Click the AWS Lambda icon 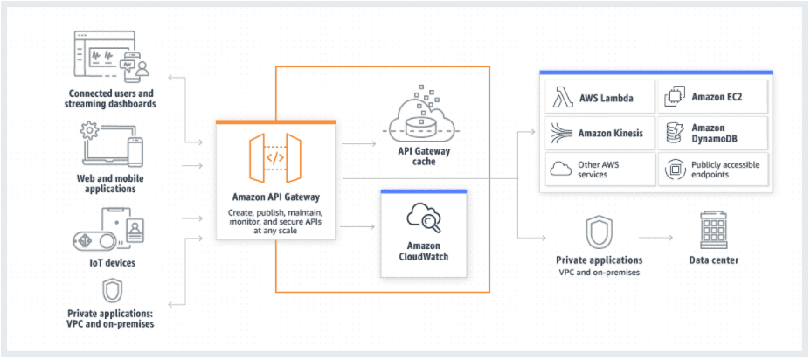click(562, 97)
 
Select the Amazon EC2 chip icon click(675, 97)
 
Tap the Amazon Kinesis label click(611, 133)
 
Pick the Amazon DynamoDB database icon click(675, 133)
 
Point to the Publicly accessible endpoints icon click(675, 170)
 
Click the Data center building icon click(713, 230)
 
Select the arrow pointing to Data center click(655, 238)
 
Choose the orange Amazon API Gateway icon click(275, 158)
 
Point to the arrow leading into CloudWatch click(358, 226)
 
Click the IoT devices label click(111, 263)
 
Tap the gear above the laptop click(90, 131)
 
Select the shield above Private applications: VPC click(111, 291)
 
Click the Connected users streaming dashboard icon click(111, 57)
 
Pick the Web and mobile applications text click(110, 183)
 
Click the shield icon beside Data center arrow click(599, 232)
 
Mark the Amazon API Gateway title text click(275, 197)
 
